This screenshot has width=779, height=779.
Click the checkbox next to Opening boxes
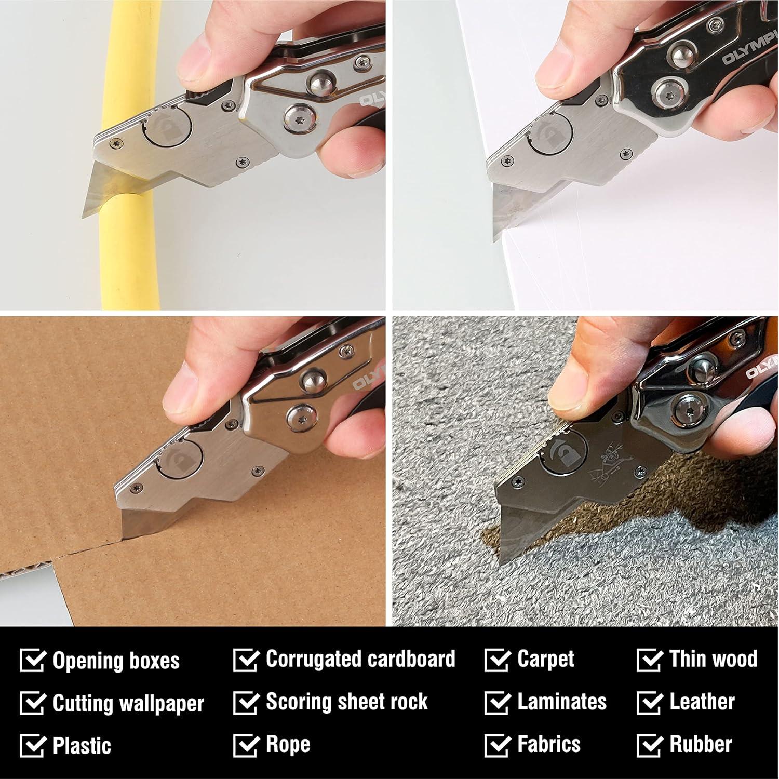(33, 660)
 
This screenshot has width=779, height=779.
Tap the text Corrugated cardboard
(360, 659)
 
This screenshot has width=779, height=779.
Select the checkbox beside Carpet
(497, 660)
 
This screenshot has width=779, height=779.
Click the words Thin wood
(713, 659)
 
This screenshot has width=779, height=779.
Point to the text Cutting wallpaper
(128, 703)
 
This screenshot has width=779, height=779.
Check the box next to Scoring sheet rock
(246, 703)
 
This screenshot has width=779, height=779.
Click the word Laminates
(561, 702)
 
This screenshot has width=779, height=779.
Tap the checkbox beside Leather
(649, 703)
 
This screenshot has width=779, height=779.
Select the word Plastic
(82, 746)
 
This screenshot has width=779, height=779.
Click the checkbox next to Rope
(246, 745)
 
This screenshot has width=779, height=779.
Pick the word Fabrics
(548, 744)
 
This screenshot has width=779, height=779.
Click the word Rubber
(701, 744)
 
